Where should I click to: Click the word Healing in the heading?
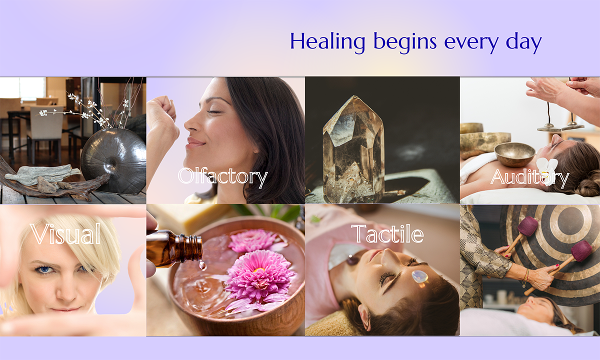pyautogui.click(x=327, y=42)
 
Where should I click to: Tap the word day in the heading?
pyautogui.click(x=523, y=42)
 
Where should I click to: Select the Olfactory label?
pyautogui.click(x=222, y=177)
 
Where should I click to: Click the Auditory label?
pyautogui.click(x=530, y=177)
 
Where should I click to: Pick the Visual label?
pyautogui.click(x=65, y=233)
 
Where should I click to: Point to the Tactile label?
pyautogui.click(x=387, y=234)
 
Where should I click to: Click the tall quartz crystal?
pyautogui.click(x=353, y=150)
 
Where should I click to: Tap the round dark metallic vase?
pyautogui.click(x=113, y=160)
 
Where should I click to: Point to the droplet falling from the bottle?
pyautogui.click(x=202, y=265)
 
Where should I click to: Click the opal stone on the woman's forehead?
pyautogui.click(x=420, y=277)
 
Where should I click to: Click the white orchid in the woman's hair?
pyautogui.click(x=546, y=171)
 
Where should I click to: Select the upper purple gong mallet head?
pyautogui.click(x=527, y=226)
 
